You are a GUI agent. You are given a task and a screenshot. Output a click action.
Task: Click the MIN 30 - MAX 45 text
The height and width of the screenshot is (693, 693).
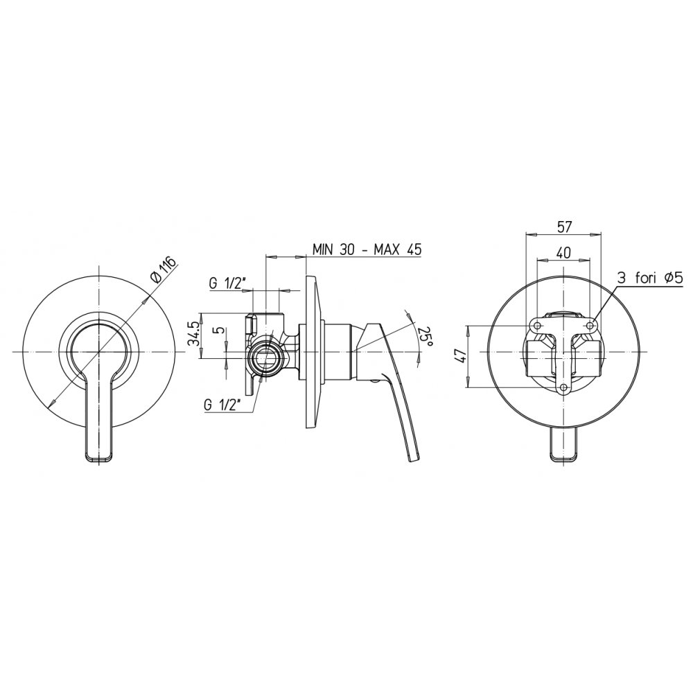coord(367,249)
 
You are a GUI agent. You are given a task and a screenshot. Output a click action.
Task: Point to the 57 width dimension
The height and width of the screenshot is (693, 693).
coord(564,227)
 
